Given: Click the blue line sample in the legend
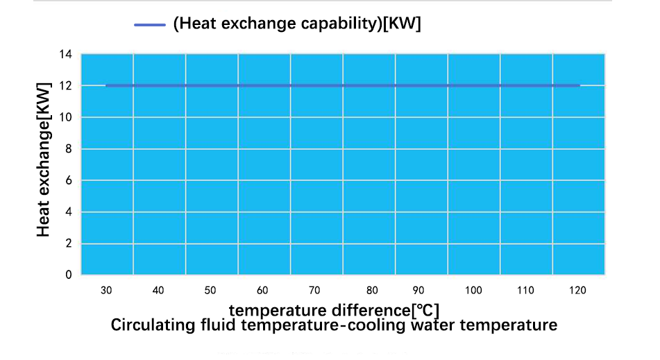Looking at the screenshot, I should click(x=149, y=24).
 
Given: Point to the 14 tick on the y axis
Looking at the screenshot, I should click(x=67, y=54).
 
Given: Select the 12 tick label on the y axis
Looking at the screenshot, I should click(x=67, y=86).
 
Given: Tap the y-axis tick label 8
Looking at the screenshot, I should click(x=69, y=149).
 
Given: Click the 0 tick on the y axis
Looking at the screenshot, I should click(x=69, y=275).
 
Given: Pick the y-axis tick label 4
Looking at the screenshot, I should click(x=69, y=212).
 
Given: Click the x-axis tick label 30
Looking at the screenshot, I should click(x=106, y=291).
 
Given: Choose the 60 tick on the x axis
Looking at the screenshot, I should click(x=262, y=291).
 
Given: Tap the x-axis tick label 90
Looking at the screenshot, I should click(x=418, y=291).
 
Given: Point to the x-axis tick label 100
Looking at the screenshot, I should click(x=474, y=291).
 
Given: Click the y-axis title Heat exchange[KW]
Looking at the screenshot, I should click(x=44, y=160).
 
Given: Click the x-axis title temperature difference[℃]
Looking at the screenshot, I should click(x=334, y=309).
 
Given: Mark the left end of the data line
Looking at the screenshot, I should click(x=106, y=85).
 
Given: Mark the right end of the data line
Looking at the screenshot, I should click(x=579, y=85).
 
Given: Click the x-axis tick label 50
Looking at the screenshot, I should click(x=210, y=291).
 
